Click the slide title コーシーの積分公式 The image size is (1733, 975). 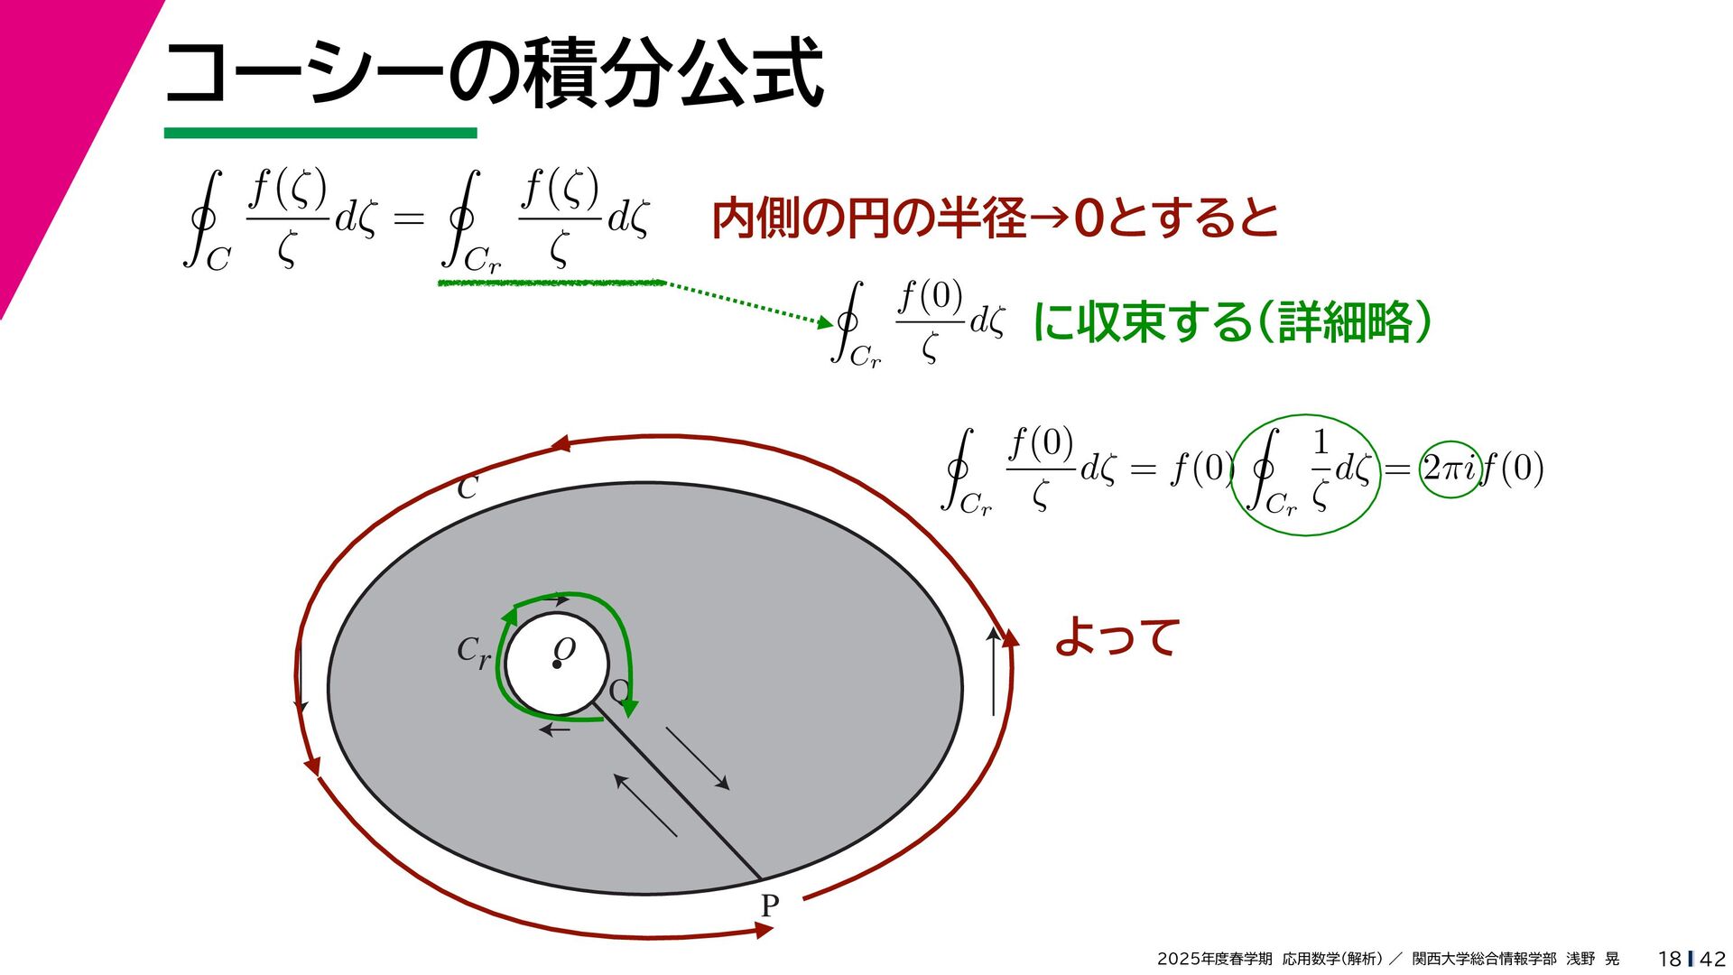pyautogui.click(x=493, y=72)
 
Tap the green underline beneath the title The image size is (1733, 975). pyautogui.click(x=320, y=134)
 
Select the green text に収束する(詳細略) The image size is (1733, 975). pyautogui.click(x=1231, y=322)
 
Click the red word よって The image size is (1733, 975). pyautogui.click(x=1117, y=637)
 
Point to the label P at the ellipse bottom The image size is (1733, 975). pyautogui.click(x=769, y=905)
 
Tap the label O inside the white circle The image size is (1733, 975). pyautogui.click(x=565, y=647)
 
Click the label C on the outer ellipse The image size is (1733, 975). pyautogui.click(x=467, y=488)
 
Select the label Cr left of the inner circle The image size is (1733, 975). pyautogui.click(x=473, y=651)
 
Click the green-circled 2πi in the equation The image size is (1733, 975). pyautogui.click(x=1450, y=469)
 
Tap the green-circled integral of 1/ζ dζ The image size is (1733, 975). pyautogui.click(x=1306, y=475)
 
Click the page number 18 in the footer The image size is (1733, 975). pyautogui.click(x=1669, y=959)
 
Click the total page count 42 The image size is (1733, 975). pyautogui.click(x=1712, y=959)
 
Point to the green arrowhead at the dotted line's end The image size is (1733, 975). pyautogui.click(x=824, y=321)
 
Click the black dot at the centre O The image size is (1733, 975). pyautogui.click(x=557, y=665)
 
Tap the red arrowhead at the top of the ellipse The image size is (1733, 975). pyautogui.click(x=561, y=443)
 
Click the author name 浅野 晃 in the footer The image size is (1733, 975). pyautogui.click(x=1592, y=959)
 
